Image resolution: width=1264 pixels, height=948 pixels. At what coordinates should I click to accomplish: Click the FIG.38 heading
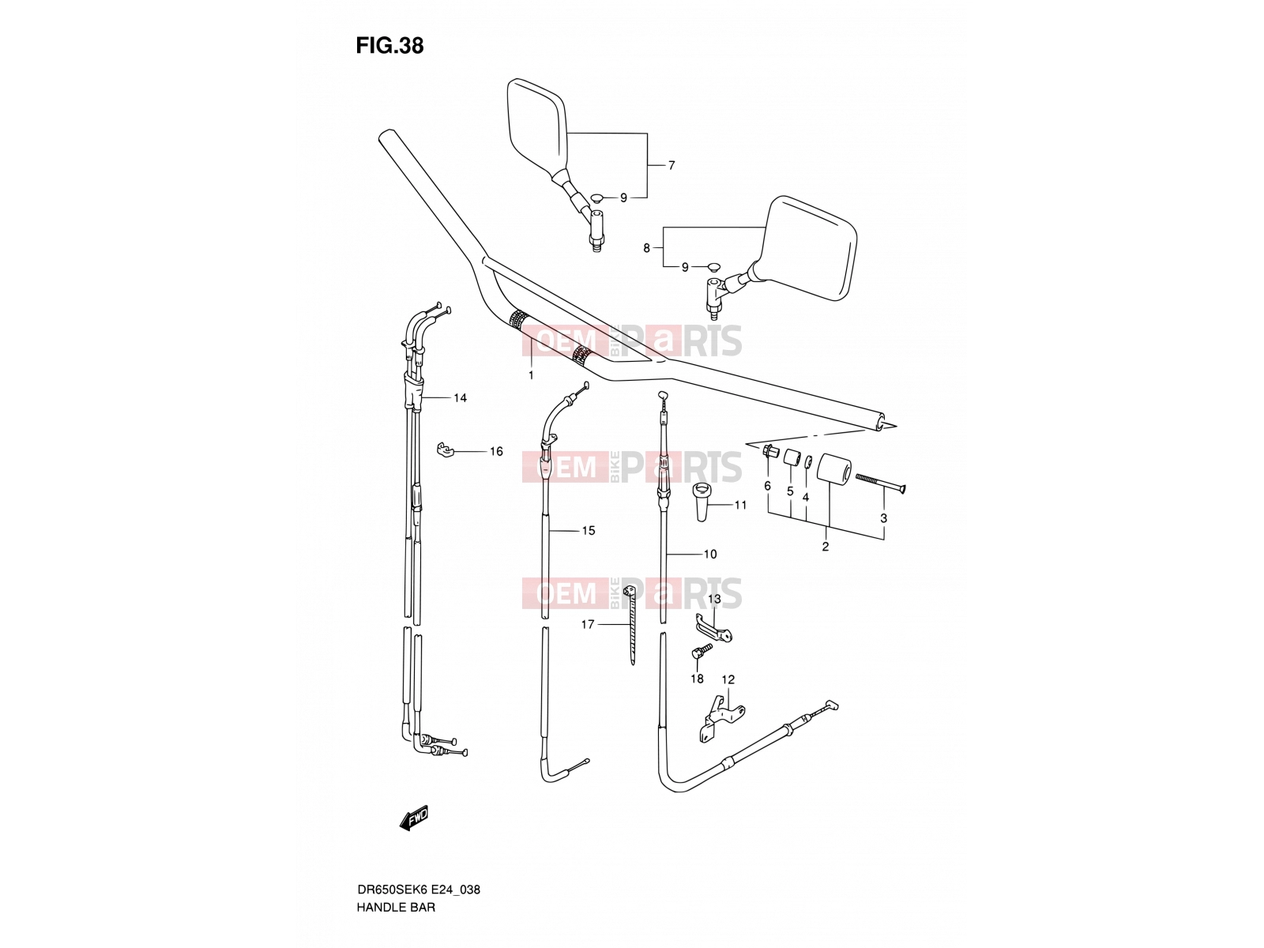coord(389,46)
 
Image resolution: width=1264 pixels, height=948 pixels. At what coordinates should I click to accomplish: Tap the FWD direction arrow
coord(414,818)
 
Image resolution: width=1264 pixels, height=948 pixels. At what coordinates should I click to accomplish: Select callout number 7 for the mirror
coord(671,165)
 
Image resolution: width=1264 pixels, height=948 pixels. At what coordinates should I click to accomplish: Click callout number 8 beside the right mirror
coord(647,248)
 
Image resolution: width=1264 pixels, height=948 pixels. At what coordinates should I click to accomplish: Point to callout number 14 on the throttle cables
coord(460,397)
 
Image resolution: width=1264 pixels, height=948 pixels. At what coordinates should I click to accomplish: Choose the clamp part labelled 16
coord(445,450)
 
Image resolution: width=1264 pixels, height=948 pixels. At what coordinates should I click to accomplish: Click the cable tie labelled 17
coord(630,625)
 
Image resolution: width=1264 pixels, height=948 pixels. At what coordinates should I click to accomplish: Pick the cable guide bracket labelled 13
coord(713,628)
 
